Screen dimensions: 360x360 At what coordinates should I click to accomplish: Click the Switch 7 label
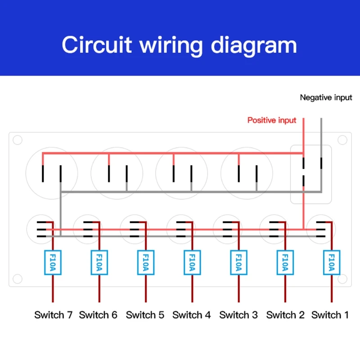[x=53, y=315]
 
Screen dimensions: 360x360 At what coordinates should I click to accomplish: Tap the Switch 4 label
[x=192, y=315]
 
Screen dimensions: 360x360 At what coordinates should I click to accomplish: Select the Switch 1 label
[x=330, y=315]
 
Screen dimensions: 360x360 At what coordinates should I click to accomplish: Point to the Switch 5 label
[x=145, y=315]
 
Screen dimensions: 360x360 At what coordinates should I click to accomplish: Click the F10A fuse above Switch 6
[x=99, y=262]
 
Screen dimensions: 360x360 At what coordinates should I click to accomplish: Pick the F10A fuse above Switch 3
[x=239, y=262]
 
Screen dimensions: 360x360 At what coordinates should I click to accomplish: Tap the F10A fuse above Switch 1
[x=332, y=262]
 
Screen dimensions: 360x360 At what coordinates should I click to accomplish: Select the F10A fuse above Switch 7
[x=53, y=262]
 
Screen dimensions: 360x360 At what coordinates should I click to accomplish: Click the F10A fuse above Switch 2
[x=285, y=262]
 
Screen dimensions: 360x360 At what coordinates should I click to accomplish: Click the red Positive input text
[x=272, y=120]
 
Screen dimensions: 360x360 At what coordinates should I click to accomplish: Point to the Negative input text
[x=326, y=98]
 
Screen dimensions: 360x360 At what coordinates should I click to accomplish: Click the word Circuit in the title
[x=97, y=45]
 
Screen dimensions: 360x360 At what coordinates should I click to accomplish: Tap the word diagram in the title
[x=254, y=46]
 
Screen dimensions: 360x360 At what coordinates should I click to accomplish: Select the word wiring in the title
[x=171, y=46]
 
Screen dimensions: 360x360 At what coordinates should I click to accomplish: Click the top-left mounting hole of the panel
[x=18, y=140]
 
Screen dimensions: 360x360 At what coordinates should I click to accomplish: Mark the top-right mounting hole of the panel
[x=342, y=140]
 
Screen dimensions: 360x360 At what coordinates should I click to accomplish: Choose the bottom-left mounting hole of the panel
[x=18, y=279]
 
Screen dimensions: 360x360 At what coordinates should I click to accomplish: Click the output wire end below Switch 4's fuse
[x=192, y=302]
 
